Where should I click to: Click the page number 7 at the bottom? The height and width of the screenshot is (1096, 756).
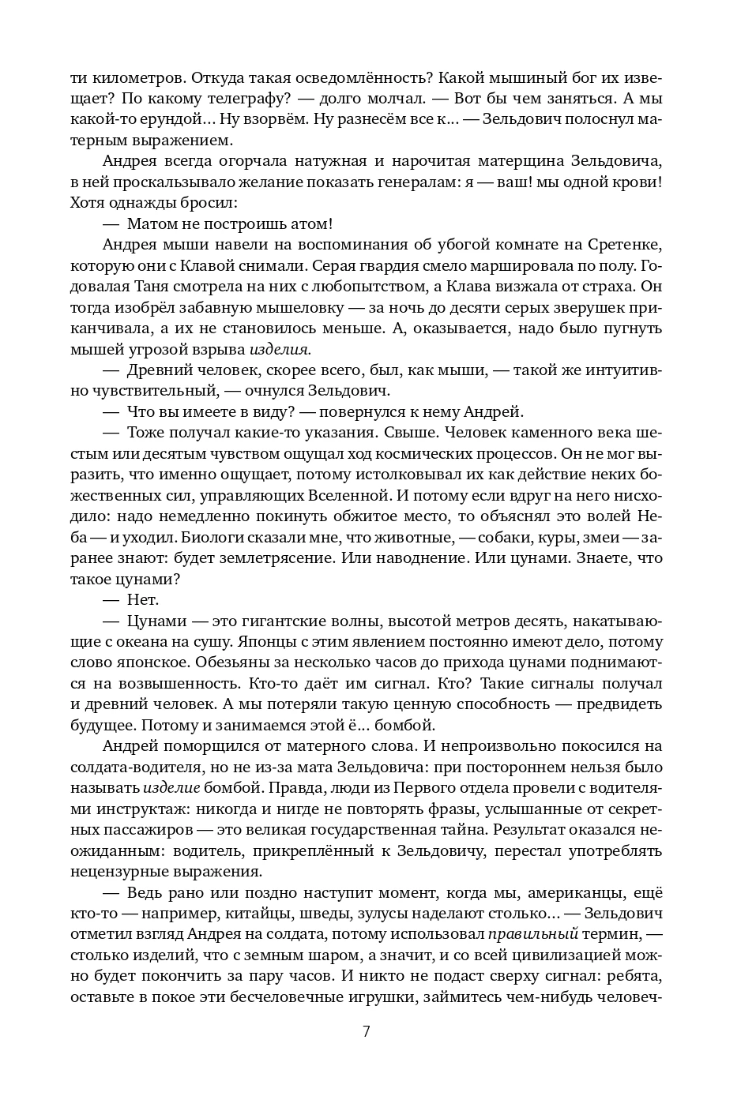coord(366,1031)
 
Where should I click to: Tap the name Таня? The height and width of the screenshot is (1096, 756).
coord(160,287)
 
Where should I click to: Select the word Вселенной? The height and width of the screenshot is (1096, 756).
coord(352,496)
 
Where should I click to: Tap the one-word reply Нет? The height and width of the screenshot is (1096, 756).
coord(143,600)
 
